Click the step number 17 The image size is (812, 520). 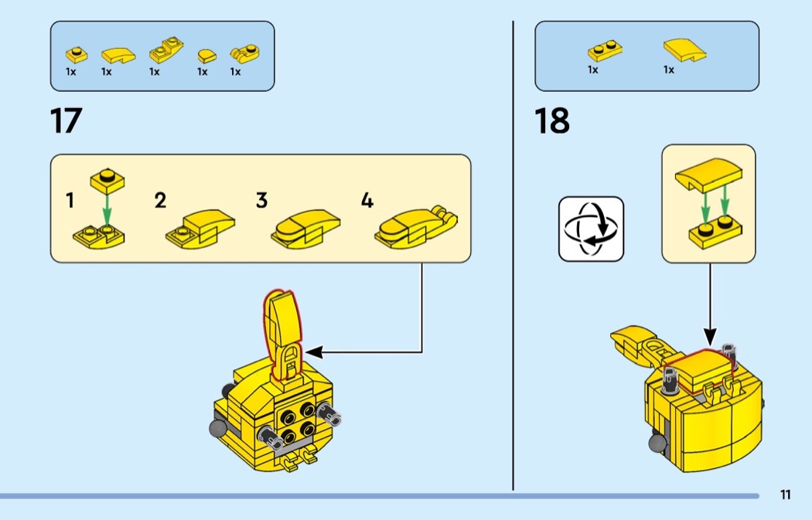66,121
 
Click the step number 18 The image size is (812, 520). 551,121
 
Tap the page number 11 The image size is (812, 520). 786,495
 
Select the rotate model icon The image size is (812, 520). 591,229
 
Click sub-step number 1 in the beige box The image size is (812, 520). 70,201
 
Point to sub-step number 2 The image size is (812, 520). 160,201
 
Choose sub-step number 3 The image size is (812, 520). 261,201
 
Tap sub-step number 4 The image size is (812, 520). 367,201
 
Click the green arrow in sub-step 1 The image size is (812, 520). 107,210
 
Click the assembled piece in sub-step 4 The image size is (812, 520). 416,228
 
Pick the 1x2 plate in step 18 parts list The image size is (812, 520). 605,51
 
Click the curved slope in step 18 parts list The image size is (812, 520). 684,49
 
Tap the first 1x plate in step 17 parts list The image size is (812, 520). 76,55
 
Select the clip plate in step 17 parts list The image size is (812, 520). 244,53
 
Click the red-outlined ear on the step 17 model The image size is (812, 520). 282,335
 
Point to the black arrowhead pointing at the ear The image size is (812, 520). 314,352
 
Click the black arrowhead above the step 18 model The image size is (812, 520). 710,336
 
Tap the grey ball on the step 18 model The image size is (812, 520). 657,444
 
